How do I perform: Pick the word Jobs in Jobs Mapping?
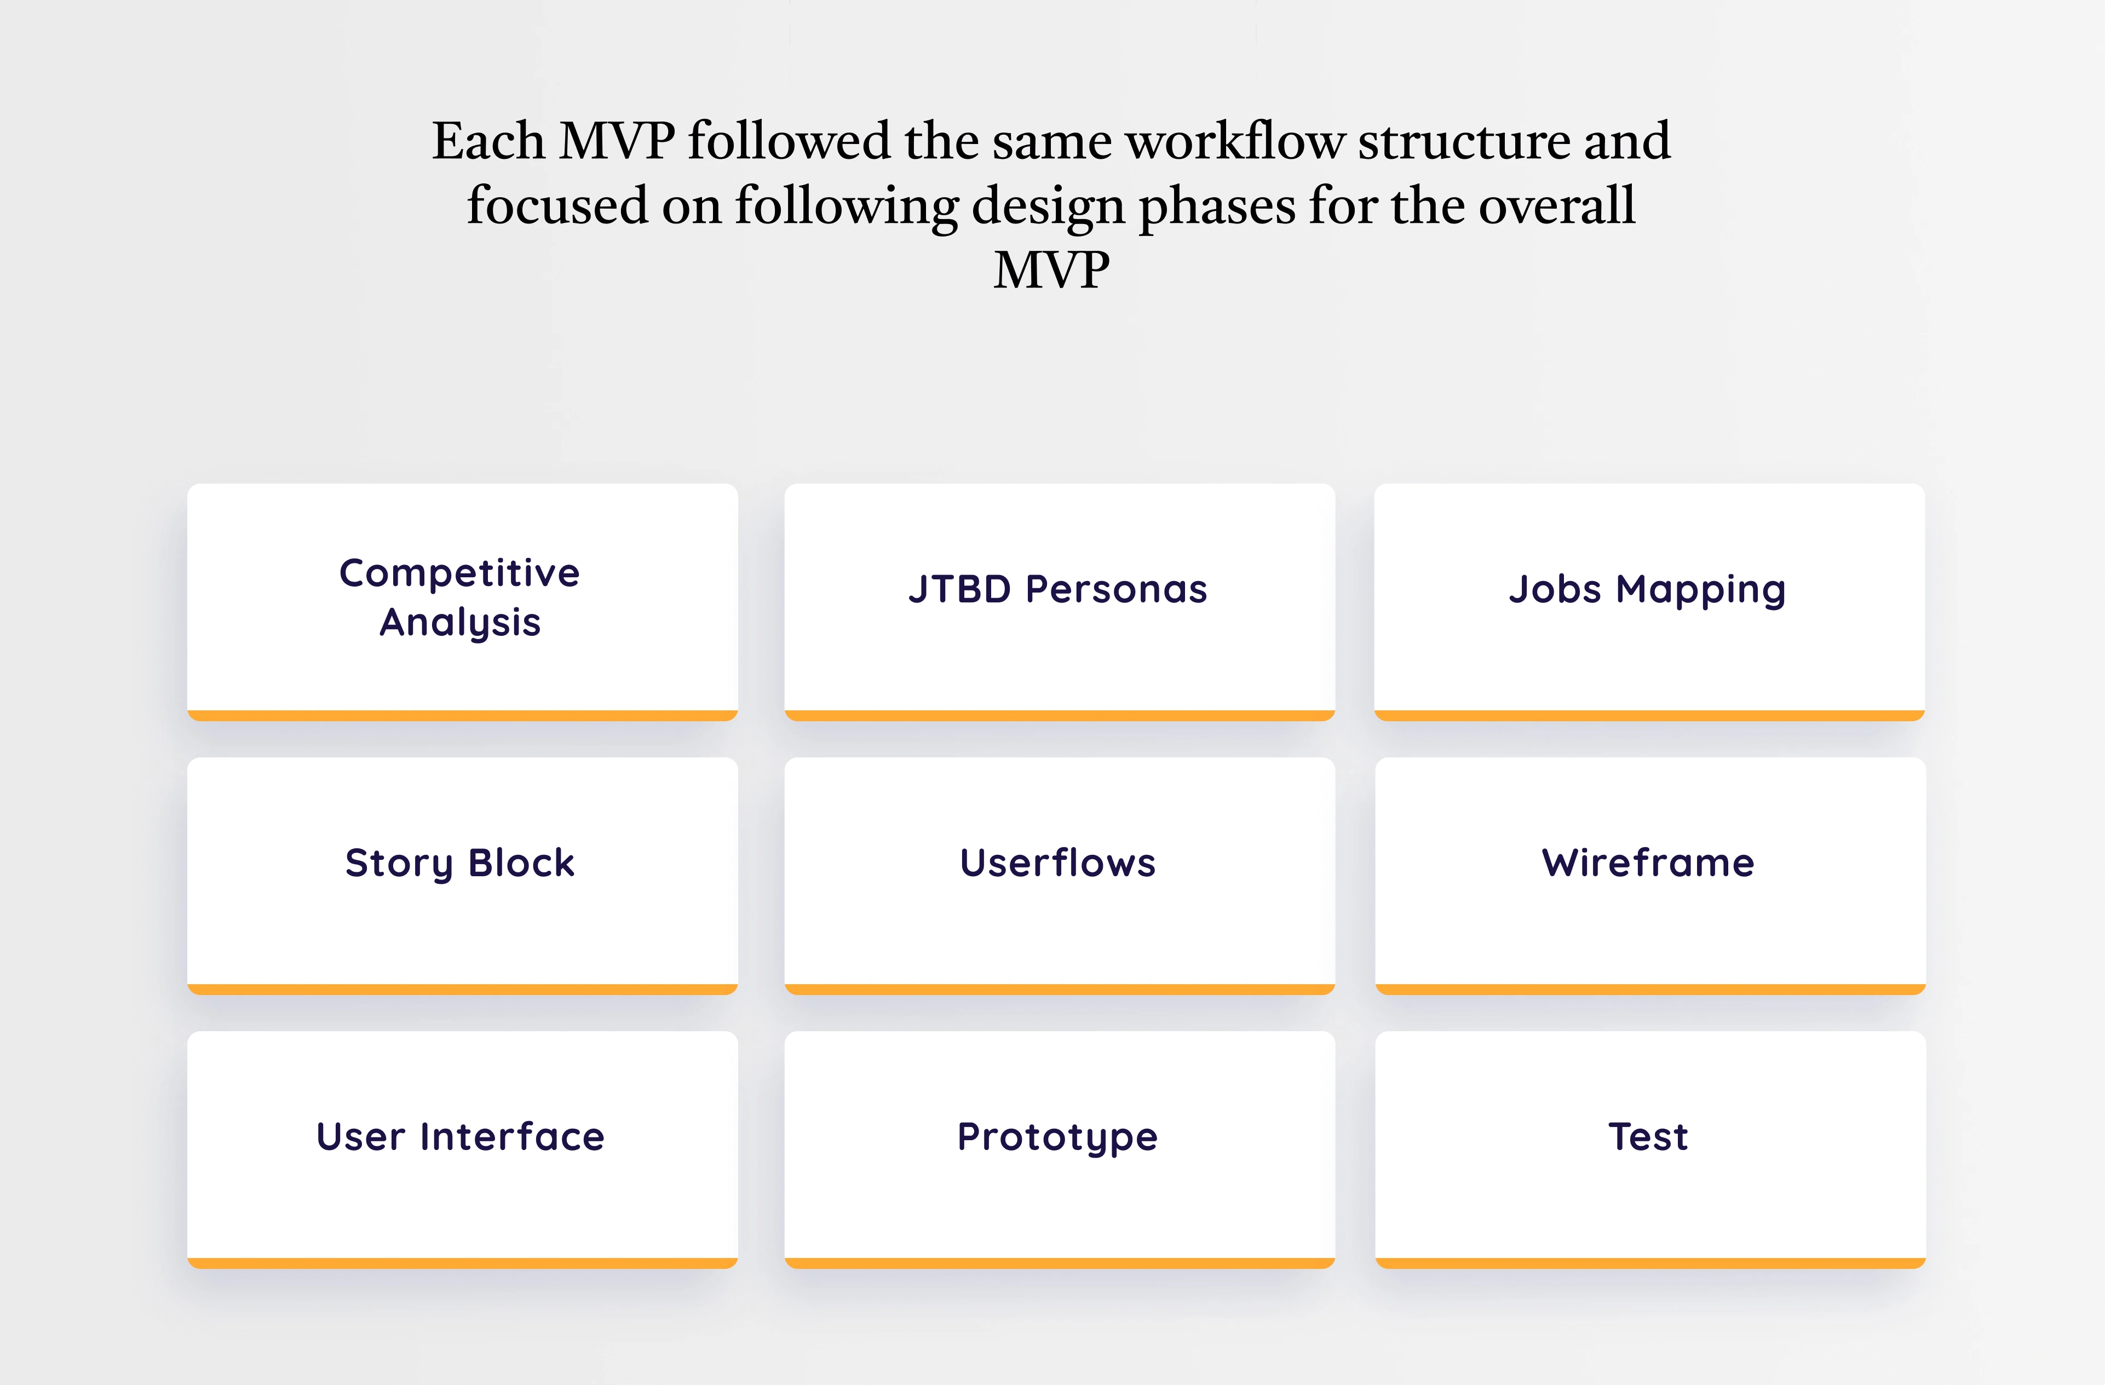pyautogui.click(x=1555, y=589)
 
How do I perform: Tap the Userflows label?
pyautogui.click(x=1058, y=863)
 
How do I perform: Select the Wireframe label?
pyautogui.click(x=1648, y=863)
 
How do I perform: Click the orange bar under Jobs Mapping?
pyautogui.click(x=1649, y=715)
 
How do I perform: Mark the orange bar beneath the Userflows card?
pyautogui.click(x=1060, y=990)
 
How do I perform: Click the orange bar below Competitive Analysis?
pyautogui.click(x=463, y=715)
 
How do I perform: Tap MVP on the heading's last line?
pyautogui.click(x=1051, y=271)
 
